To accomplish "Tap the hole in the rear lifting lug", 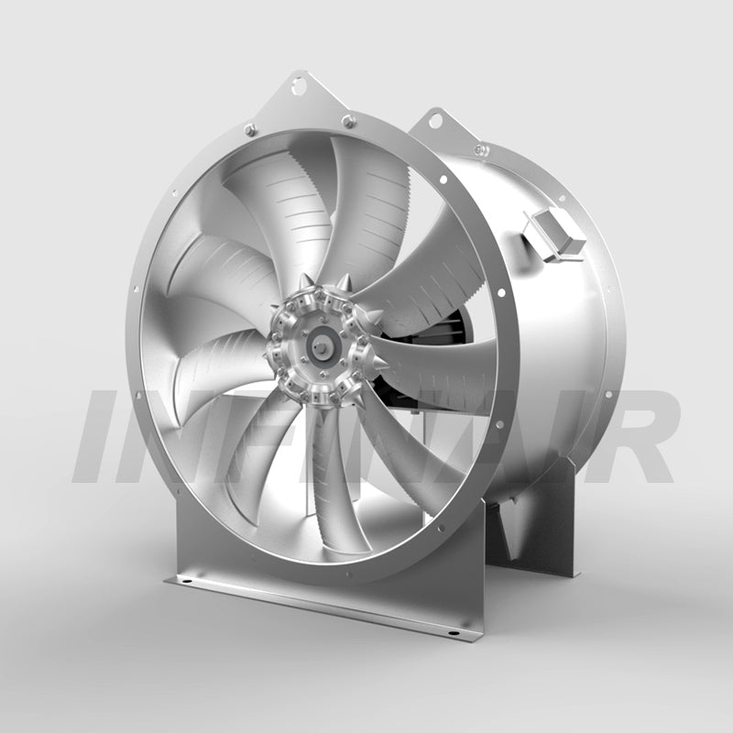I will point(434,119).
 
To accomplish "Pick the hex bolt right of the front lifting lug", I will point(348,120).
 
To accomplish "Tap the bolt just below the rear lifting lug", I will point(480,149).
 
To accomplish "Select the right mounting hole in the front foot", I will point(454,632).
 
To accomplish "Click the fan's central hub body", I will point(320,346).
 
